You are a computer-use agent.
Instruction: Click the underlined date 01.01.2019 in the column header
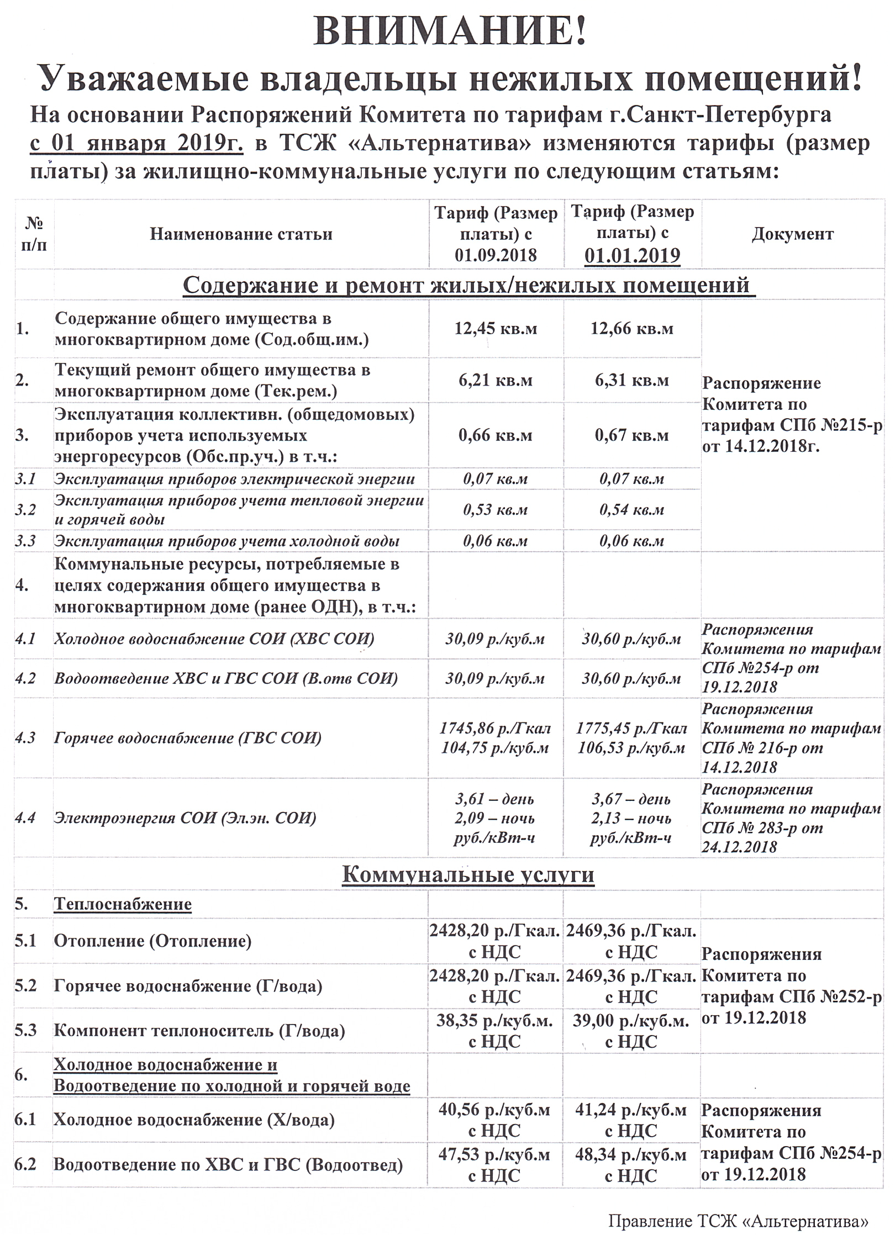pos(632,256)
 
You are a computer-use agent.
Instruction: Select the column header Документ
pos(792,234)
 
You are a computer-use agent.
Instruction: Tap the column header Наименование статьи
pos(241,234)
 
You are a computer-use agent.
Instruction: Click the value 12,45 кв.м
pos(496,329)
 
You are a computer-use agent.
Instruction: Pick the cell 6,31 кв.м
pos(632,381)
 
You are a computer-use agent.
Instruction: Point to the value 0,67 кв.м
pos(632,435)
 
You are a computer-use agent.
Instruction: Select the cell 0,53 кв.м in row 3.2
pos(496,510)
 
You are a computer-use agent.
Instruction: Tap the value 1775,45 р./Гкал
pos(631,729)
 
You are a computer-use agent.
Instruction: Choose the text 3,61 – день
pos(494,799)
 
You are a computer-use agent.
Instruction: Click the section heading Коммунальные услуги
pos(468,874)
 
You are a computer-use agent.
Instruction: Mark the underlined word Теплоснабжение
pos(123,904)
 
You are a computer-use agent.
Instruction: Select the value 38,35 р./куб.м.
pos(494,1020)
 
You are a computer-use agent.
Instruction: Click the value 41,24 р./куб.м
pos(631,1110)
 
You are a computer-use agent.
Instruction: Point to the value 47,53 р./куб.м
pos(494,1154)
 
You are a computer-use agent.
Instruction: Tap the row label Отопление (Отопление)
pos(152,941)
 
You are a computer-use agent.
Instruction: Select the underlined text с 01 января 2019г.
pos(136,142)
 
